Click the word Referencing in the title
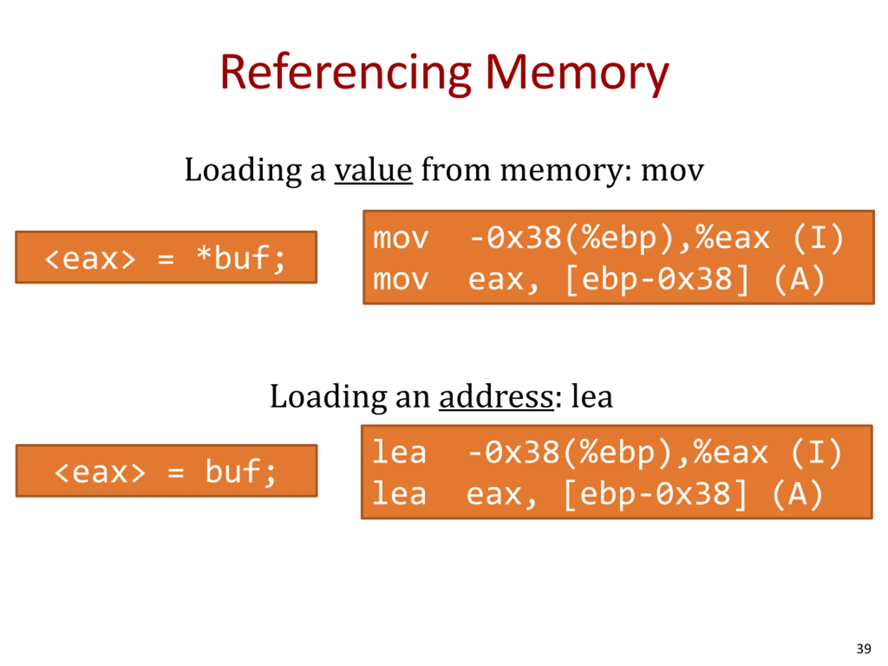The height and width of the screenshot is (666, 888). [x=345, y=74]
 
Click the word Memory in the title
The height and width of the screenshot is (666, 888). [x=577, y=74]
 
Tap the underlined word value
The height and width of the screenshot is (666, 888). [x=373, y=170]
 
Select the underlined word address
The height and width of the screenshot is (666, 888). [x=497, y=396]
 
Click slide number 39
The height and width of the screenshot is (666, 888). [x=863, y=649]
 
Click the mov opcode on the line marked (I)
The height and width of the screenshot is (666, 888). [x=401, y=238]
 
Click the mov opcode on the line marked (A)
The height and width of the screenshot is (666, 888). [x=401, y=279]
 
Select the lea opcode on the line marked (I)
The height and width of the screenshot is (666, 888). [x=399, y=452]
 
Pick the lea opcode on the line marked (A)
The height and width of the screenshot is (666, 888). [x=399, y=494]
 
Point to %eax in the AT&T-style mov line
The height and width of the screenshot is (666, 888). [x=733, y=238]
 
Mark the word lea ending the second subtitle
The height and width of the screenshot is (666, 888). [x=592, y=396]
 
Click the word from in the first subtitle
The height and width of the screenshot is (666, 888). [x=456, y=170]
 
